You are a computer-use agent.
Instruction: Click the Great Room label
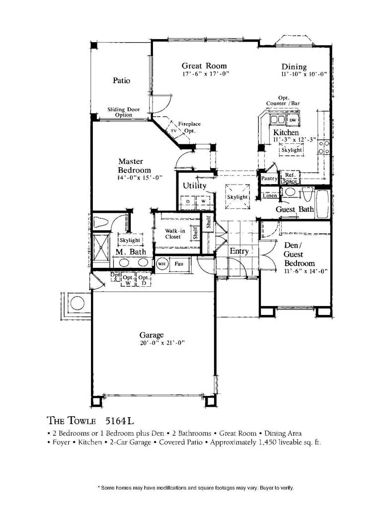point(204,65)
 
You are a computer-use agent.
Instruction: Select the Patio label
point(121,80)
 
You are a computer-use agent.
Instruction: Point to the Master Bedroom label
point(131,166)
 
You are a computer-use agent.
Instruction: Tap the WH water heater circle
point(162,264)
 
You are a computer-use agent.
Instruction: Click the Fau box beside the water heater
point(178,264)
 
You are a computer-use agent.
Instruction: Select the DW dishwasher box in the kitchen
point(293,121)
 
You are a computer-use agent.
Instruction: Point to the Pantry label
point(269,179)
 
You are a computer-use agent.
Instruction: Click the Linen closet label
point(270,195)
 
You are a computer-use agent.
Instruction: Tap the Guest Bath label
point(295,209)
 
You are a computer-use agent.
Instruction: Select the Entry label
point(238,251)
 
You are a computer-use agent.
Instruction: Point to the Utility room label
point(194,186)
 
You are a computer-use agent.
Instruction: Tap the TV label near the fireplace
point(174,131)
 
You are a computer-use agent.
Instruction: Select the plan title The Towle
point(71,421)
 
